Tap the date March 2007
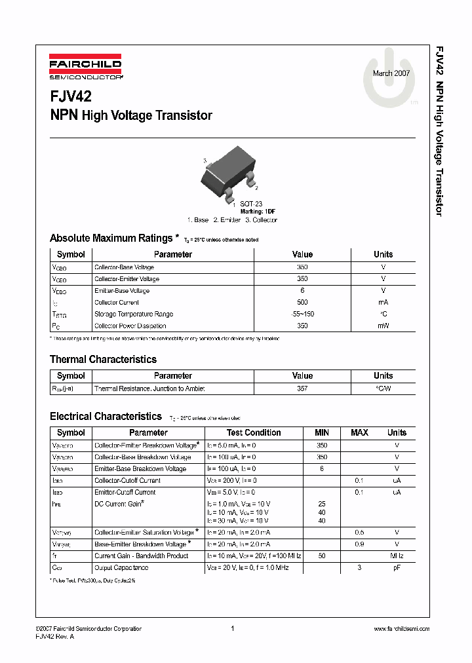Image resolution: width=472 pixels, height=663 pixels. point(391,73)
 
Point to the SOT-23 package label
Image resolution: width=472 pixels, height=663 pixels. point(250,204)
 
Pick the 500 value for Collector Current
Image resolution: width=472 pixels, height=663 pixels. point(302,303)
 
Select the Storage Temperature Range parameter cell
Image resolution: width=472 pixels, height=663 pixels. point(134,314)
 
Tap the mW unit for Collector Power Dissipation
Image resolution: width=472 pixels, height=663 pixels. point(383,326)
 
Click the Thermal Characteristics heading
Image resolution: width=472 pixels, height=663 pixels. point(103,360)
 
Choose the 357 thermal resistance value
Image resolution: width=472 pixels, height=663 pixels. point(302,388)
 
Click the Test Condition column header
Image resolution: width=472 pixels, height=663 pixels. point(254,433)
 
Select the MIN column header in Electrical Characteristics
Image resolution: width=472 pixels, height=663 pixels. point(321,433)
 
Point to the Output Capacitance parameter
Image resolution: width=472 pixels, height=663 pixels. point(121,567)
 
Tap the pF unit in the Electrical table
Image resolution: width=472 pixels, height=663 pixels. point(397,567)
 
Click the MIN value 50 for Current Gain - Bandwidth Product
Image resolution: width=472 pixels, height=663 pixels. point(321,556)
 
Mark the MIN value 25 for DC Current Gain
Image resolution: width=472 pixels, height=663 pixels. point(321,504)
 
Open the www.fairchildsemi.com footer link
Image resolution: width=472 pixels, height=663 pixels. point(401,629)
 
